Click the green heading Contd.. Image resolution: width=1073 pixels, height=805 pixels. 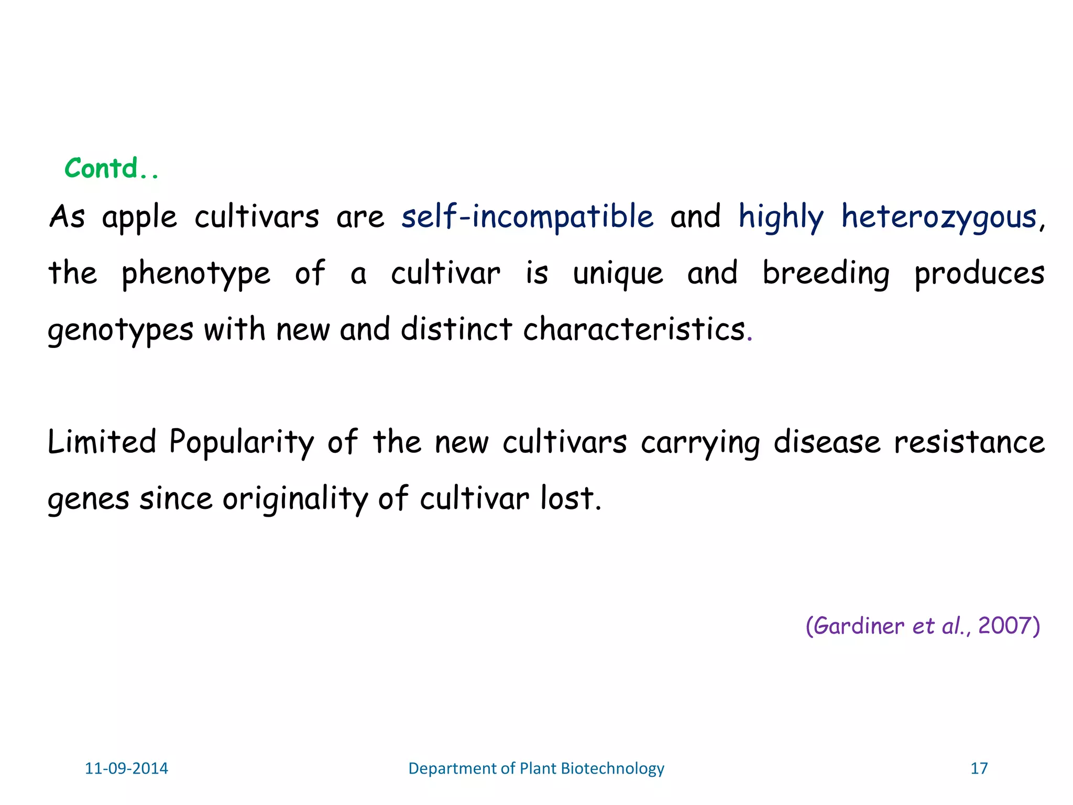pos(111,169)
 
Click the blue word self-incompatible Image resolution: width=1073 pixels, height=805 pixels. pos(527,216)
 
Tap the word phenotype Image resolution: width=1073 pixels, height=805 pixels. pos(196,274)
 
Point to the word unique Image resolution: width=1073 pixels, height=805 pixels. pos(618,274)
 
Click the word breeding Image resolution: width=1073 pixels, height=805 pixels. pos(826,274)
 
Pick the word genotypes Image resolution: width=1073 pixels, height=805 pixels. pos(121,330)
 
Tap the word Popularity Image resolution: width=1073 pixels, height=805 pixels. pos(242,442)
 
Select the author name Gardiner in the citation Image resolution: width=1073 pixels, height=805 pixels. pos(859,626)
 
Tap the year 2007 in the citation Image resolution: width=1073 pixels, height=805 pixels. pos(1003,626)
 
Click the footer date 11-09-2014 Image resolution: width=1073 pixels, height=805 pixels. pos(126,768)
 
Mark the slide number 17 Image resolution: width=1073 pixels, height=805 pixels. pos(979,768)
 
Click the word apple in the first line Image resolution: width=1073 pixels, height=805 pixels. pos(139,217)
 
